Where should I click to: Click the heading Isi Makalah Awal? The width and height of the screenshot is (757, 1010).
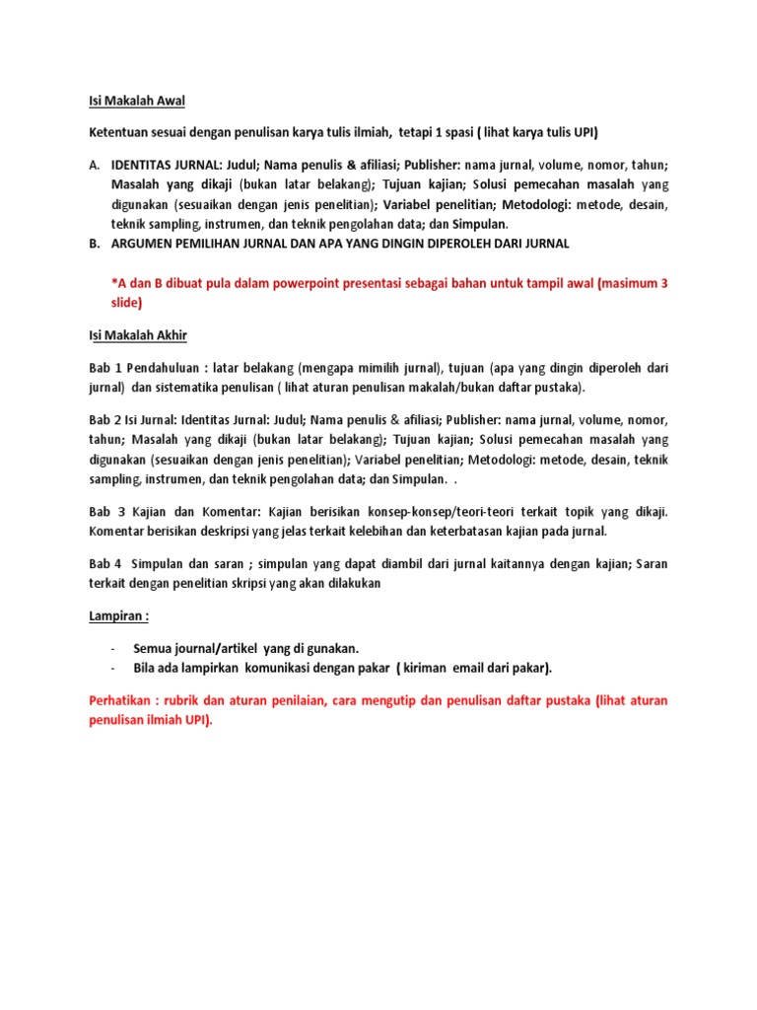[131, 101]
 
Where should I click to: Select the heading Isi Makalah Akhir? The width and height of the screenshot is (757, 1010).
[133, 335]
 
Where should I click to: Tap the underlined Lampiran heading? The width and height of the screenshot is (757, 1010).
[114, 616]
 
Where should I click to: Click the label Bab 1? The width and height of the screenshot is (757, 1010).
[99, 367]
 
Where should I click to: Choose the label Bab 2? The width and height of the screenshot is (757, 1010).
[99, 420]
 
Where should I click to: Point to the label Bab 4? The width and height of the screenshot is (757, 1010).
[99, 563]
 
